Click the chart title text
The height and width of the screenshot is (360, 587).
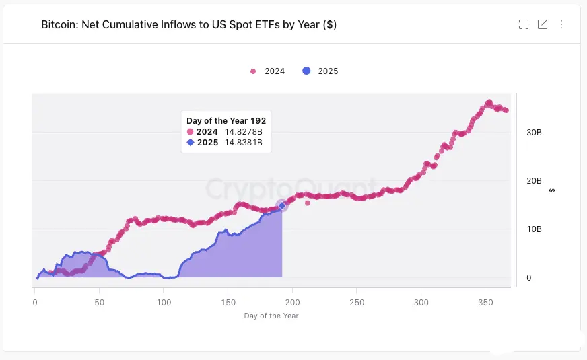(188, 25)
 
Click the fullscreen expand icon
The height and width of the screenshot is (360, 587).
(524, 24)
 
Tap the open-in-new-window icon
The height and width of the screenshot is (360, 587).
(543, 24)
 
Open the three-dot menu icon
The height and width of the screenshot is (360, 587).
(561, 24)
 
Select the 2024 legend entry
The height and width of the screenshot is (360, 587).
(268, 71)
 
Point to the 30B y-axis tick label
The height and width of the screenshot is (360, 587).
(534, 133)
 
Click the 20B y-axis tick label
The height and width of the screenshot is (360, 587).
(534, 181)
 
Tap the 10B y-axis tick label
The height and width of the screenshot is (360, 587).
(534, 229)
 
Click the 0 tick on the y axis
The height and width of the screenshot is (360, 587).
(529, 277)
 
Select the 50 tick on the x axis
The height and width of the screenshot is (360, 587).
(100, 303)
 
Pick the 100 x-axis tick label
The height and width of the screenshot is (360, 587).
(164, 303)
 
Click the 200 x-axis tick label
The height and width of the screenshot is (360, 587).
(293, 303)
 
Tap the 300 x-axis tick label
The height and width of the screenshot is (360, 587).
(421, 303)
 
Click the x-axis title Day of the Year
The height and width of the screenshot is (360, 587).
(271, 316)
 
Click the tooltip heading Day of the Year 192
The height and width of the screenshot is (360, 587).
(226, 121)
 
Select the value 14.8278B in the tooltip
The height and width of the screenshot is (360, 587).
(243, 132)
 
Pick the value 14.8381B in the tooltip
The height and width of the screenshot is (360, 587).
(243, 143)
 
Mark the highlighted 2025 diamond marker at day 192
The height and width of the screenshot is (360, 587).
(282, 205)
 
